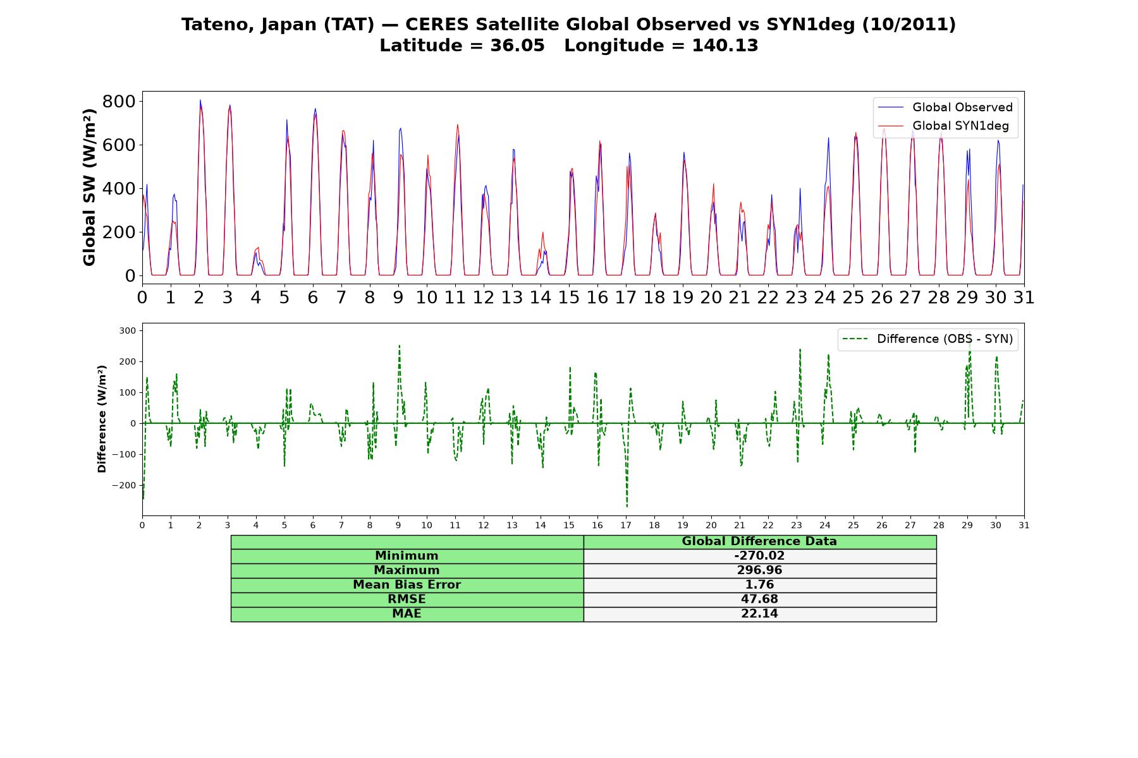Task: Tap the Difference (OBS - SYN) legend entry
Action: coord(928,339)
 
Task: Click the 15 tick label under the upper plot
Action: coord(568,298)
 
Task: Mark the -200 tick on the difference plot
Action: coord(125,485)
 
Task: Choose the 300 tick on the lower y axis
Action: coord(128,330)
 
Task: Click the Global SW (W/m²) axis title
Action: coord(89,188)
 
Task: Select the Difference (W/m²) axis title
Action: coord(102,419)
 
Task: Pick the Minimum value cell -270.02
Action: coord(759,556)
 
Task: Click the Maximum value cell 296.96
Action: coord(759,570)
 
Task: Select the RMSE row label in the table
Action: coord(407,599)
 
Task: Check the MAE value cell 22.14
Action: coord(759,614)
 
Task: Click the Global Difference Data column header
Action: coord(759,541)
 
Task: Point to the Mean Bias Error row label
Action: coord(407,585)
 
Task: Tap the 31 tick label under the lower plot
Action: coord(1024,525)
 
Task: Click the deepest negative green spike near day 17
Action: coord(627,506)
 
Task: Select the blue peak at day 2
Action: coord(200,100)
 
